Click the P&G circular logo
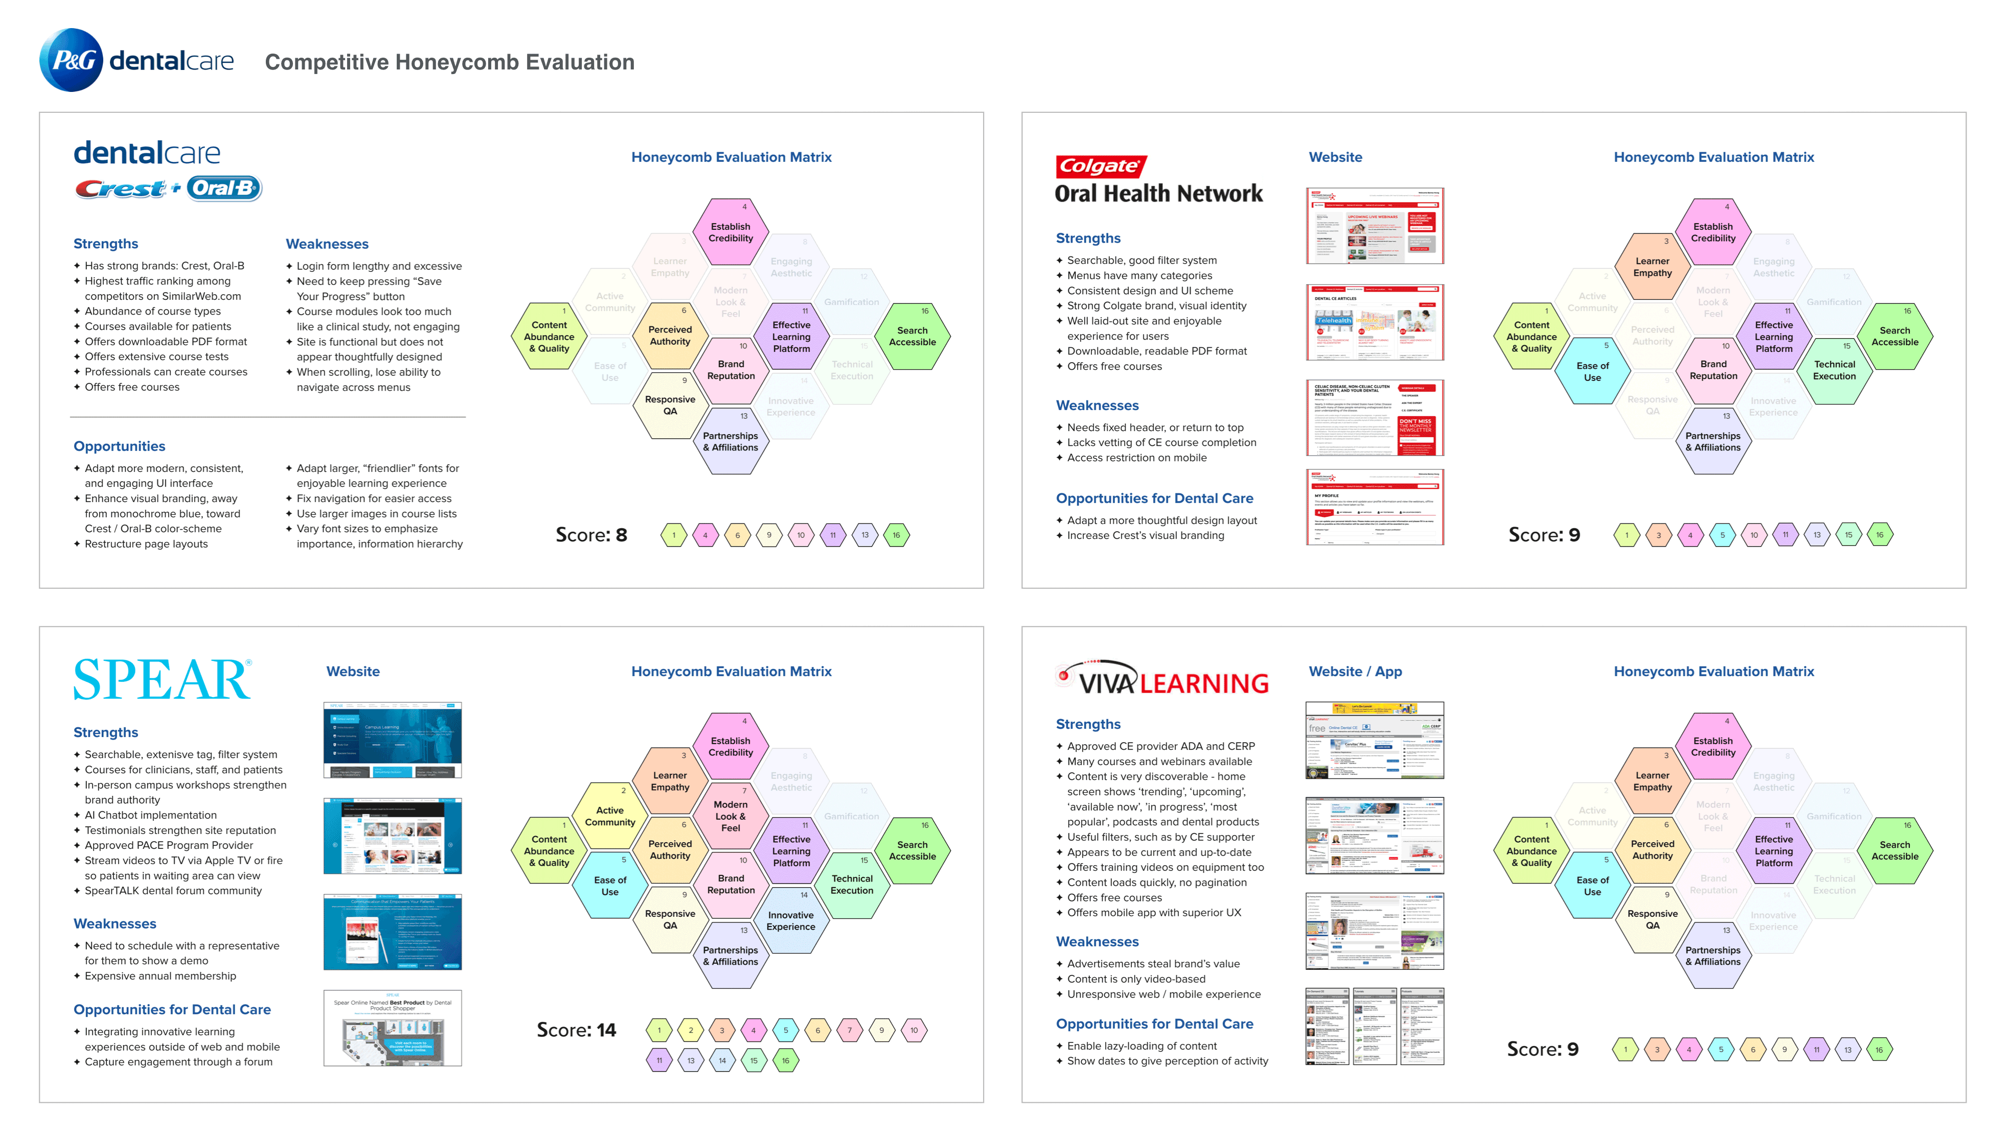click(71, 60)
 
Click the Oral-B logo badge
click(224, 188)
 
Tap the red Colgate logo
click(1100, 166)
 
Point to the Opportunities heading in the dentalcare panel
click(119, 446)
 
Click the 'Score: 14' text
click(576, 1030)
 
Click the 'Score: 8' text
click(591, 535)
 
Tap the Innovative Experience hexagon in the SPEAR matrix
click(791, 920)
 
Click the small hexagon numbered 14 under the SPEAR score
click(722, 1060)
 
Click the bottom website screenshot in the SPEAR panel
click(393, 1028)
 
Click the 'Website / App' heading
click(1355, 672)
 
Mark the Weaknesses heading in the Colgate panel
click(1097, 406)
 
